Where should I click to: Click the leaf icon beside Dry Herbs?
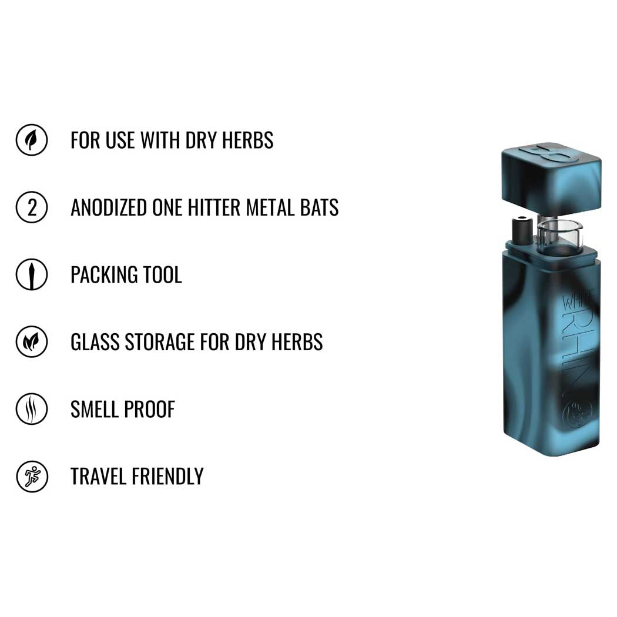(32, 140)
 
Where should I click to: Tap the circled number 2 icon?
(32, 207)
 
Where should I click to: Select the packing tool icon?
(32, 274)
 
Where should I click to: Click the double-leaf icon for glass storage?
(32, 341)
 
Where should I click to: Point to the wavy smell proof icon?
(32, 408)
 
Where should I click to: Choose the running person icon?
(32, 476)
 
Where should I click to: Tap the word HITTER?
(214, 207)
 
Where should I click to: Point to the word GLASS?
(95, 342)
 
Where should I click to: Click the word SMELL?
(95, 409)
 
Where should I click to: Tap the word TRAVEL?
(98, 476)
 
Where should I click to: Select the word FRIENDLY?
(167, 476)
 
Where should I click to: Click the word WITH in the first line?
(160, 140)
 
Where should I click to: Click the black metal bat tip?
(522, 232)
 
